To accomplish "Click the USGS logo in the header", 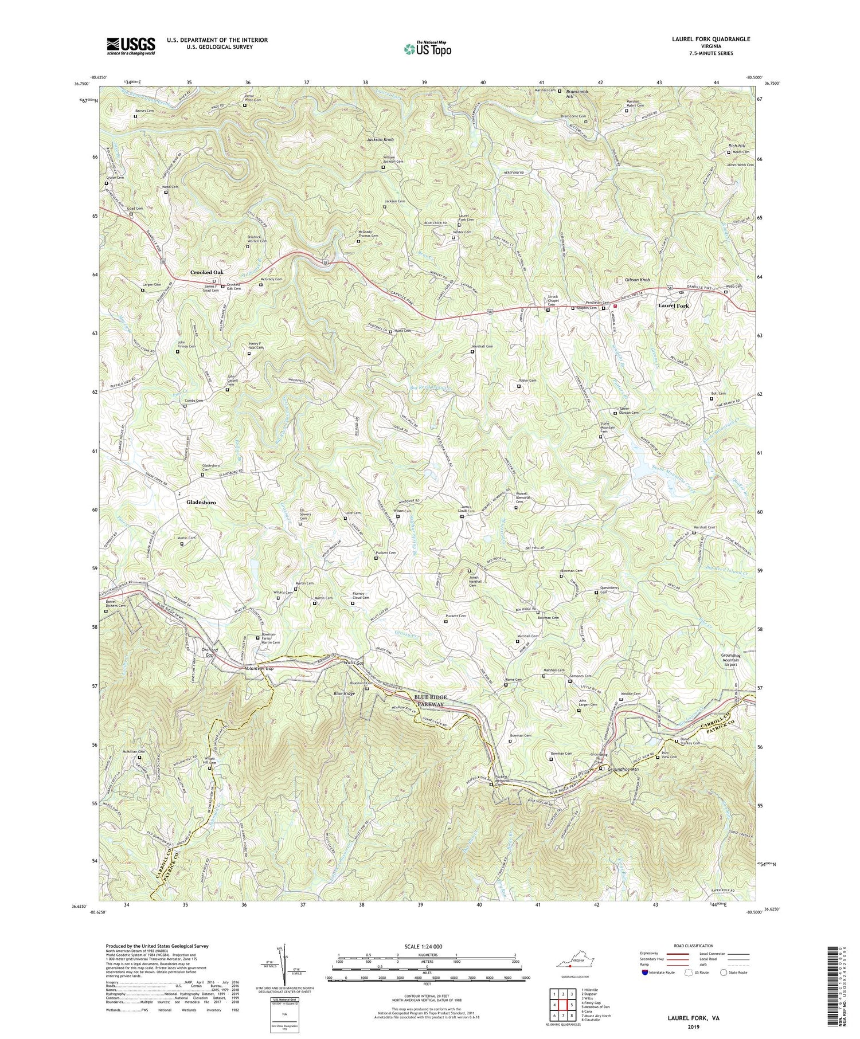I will [x=130, y=46].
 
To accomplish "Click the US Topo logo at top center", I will [x=427, y=49].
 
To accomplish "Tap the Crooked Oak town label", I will [x=206, y=272].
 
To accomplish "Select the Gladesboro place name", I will [x=201, y=502].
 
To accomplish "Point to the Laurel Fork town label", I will [x=673, y=306].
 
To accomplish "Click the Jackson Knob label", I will [x=381, y=140].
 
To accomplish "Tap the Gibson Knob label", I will [x=637, y=280].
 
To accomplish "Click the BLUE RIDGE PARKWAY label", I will [x=438, y=700].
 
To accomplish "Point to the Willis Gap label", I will [x=354, y=663].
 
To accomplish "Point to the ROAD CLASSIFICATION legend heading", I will [x=694, y=946].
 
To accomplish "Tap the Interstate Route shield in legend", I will [x=646, y=973].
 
